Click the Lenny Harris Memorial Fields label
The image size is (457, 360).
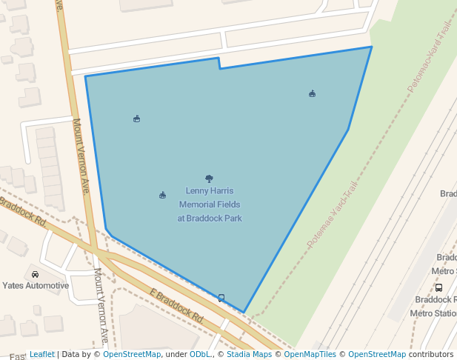tap(209, 204)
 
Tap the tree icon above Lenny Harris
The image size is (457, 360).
tap(209, 179)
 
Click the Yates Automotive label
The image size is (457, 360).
tap(35, 285)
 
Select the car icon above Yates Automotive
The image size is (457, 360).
tap(35, 274)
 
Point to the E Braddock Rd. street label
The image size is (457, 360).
tap(176, 305)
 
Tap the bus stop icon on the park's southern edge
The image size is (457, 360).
tap(221, 298)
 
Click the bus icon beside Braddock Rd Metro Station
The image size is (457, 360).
tap(438, 287)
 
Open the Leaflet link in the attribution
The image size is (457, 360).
tap(41, 355)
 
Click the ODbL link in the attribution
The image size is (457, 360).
tap(200, 355)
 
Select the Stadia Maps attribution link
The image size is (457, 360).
tap(249, 355)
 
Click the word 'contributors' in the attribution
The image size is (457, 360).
tap(430, 355)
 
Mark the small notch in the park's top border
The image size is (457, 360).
tap(219, 64)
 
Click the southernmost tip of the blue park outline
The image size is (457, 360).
tap(244, 313)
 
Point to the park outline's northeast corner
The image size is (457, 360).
tap(372, 47)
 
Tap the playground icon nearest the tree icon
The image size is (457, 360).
tap(162, 195)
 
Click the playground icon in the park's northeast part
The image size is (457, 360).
tap(312, 93)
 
